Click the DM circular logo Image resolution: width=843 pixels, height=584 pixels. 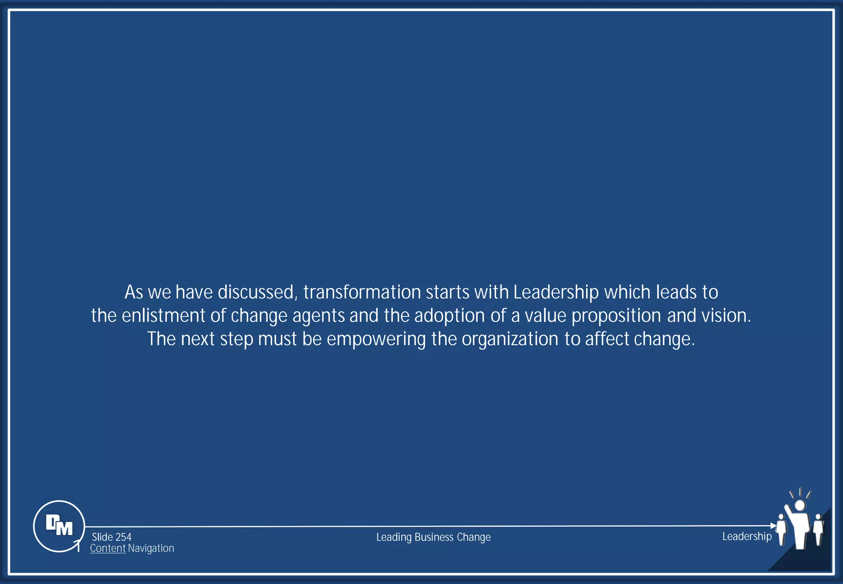[59, 526]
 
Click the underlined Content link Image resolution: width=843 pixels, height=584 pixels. [108, 548]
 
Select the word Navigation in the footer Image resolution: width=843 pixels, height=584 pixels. [151, 548]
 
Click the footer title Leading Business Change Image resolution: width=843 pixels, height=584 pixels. [433, 537]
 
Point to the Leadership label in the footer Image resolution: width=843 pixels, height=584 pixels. [747, 536]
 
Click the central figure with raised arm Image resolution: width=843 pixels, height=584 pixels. [800, 525]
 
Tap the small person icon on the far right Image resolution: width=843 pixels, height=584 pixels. [818, 529]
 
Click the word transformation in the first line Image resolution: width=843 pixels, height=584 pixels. [362, 292]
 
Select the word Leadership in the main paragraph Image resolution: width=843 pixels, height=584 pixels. [556, 292]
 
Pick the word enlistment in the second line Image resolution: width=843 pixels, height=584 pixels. [163, 316]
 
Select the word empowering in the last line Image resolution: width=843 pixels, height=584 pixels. [376, 340]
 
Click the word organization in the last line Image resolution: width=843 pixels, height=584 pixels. [510, 340]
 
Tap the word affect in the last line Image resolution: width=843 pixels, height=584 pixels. [607, 339]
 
